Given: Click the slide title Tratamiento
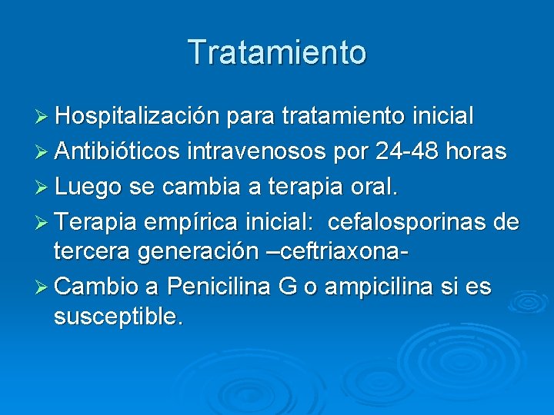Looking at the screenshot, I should [x=277, y=52].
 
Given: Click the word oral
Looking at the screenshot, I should [x=374, y=186].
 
